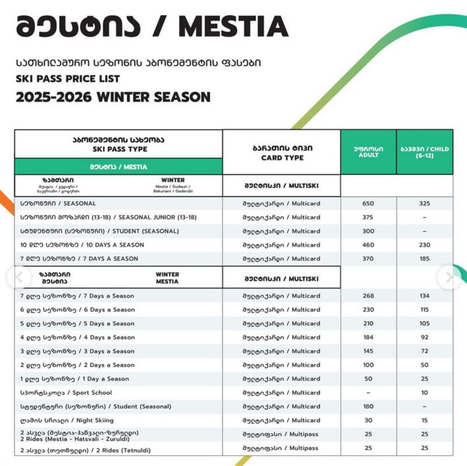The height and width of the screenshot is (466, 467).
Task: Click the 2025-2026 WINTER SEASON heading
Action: point(113,96)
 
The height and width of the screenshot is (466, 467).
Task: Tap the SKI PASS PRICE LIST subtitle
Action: point(68,78)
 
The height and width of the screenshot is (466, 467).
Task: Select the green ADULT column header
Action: point(368,151)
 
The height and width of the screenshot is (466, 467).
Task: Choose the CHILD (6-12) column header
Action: point(424,152)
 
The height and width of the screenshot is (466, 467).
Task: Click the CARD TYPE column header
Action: point(281,153)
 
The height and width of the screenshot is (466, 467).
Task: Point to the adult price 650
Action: point(368,203)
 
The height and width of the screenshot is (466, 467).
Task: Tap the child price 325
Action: point(424,203)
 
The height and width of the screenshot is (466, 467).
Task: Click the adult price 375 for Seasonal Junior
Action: point(368,218)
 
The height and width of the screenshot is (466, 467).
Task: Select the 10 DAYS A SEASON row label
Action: point(82,245)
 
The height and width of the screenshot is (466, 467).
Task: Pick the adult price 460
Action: point(368,245)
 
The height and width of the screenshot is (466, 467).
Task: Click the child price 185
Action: point(424,258)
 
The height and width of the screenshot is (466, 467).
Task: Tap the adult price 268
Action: point(368,296)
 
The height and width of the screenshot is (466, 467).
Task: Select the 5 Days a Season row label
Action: point(78,323)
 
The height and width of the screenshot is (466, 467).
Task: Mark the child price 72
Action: point(424,351)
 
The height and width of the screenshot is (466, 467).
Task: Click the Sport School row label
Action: point(66,393)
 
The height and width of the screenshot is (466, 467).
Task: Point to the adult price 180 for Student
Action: point(368,406)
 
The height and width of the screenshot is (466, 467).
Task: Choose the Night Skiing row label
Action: point(67,420)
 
